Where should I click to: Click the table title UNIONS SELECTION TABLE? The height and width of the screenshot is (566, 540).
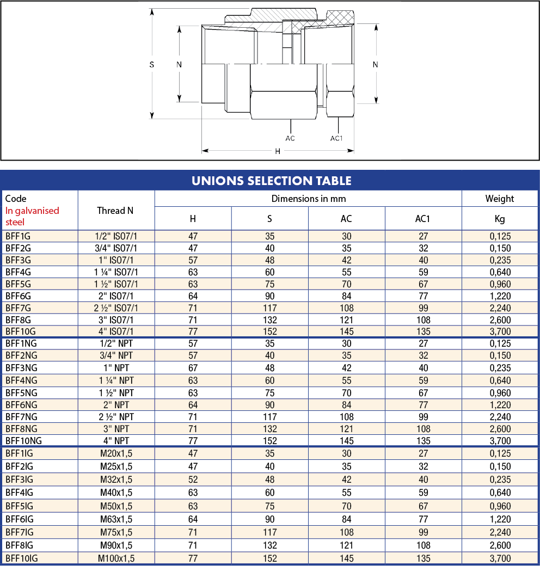[x=272, y=181]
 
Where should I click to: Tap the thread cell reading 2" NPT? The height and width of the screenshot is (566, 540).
[x=116, y=405]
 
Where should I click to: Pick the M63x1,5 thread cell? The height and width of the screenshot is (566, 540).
[x=116, y=519]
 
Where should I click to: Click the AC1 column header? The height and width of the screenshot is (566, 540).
[x=422, y=219]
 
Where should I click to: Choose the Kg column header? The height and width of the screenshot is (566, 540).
[x=500, y=219]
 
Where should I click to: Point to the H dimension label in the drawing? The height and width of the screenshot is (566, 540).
[x=278, y=151]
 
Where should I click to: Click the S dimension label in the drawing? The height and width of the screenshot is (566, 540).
[x=152, y=65]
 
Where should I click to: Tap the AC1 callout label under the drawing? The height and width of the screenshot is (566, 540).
[x=336, y=138]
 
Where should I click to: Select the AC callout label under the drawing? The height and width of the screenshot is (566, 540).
[x=290, y=138]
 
